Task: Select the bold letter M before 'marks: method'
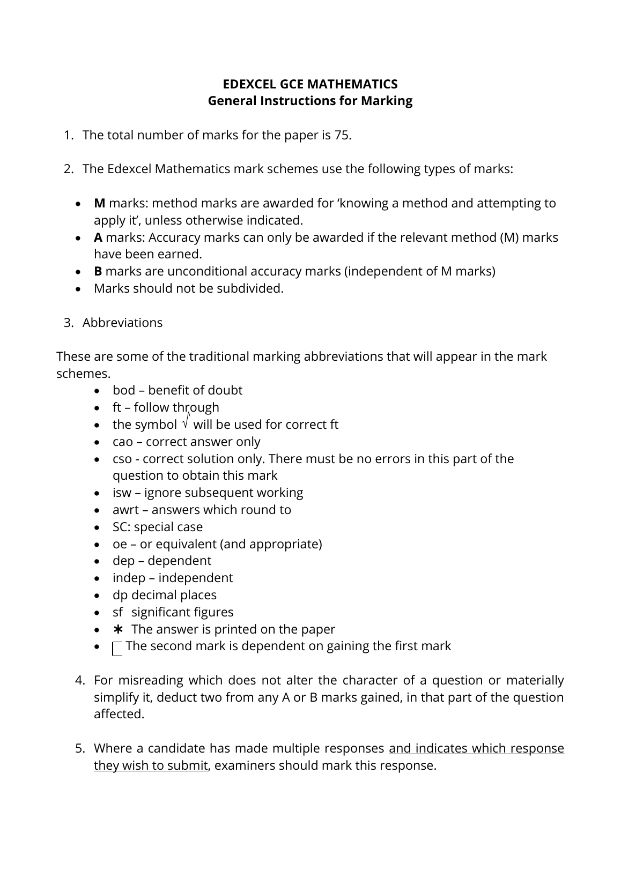(x=99, y=203)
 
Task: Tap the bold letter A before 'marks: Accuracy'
(x=98, y=237)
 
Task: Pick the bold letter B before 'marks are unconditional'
(x=98, y=271)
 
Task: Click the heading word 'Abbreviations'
(x=122, y=323)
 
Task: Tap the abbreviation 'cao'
(x=122, y=442)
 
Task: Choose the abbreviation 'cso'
(x=122, y=459)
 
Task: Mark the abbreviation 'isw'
(x=122, y=493)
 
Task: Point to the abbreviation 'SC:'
(x=121, y=527)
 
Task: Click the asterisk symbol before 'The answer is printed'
(x=119, y=629)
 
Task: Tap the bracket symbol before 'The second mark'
(x=117, y=649)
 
